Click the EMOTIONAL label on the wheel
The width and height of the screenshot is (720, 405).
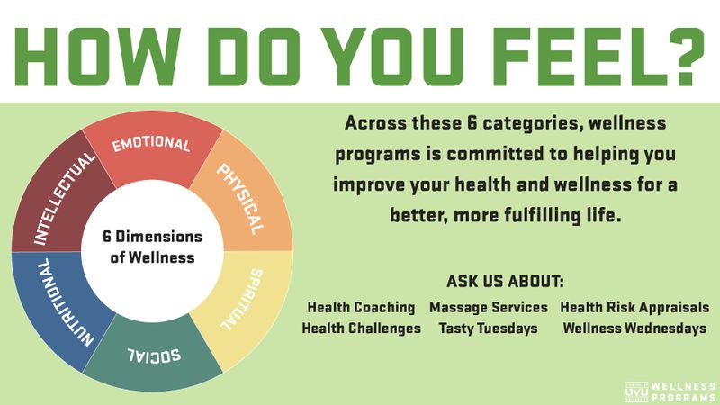(x=151, y=144)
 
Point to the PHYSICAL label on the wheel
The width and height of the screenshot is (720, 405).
(x=240, y=199)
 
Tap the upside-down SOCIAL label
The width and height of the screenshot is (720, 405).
(x=154, y=355)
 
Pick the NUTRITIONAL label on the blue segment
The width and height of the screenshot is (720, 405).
(x=65, y=302)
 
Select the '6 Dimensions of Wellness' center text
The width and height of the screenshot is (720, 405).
(x=152, y=247)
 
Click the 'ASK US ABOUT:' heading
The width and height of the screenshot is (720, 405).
(x=505, y=281)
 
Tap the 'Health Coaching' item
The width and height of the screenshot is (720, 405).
(x=361, y=307)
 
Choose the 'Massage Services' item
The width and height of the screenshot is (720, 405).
(x=489, y=307)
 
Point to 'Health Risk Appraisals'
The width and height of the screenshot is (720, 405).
(x=634, y=307)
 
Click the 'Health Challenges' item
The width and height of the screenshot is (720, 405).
(x=362, y=328)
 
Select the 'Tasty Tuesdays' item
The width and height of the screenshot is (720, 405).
(x=488, y=328)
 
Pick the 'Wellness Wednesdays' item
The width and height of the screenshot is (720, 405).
(x=634, y=328)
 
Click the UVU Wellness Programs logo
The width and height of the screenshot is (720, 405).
(x=670, y=391)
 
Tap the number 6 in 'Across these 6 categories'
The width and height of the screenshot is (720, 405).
(x=472, y=123)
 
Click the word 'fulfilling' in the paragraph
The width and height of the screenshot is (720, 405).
(x=543, y=215)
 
